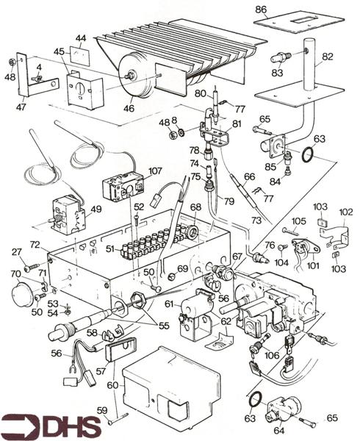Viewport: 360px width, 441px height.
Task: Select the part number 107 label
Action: click(x=154, y=172)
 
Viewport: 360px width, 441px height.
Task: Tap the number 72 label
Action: click(x=34, y=243)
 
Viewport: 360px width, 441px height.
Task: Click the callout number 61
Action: click(x=169, y=304)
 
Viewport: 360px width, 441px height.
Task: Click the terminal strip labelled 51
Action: click(x=151, y=243)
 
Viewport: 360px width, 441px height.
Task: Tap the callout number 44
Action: click(x=82, y=37)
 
